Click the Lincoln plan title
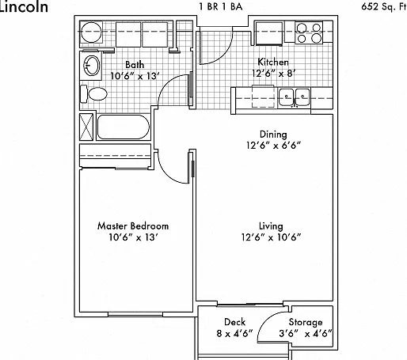(24, 6)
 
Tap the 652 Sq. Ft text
(384, 6)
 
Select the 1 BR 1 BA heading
(221, 6)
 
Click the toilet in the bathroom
(93, 94)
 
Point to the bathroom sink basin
(92, 66)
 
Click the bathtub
(124, 127)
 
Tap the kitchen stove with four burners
(309, 33)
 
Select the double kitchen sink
(295, 97)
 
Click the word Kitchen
(273, 63)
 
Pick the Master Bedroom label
(133, 226)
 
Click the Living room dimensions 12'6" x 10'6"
(271, 237)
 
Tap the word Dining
(273, 135)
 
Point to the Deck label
(234, 322)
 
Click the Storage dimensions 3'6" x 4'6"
(306, 334)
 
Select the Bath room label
(135, 65)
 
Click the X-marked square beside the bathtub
(86, 127)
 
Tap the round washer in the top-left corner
(91, 32)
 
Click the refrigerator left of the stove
(269, 33)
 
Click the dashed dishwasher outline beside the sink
(263, 97)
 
